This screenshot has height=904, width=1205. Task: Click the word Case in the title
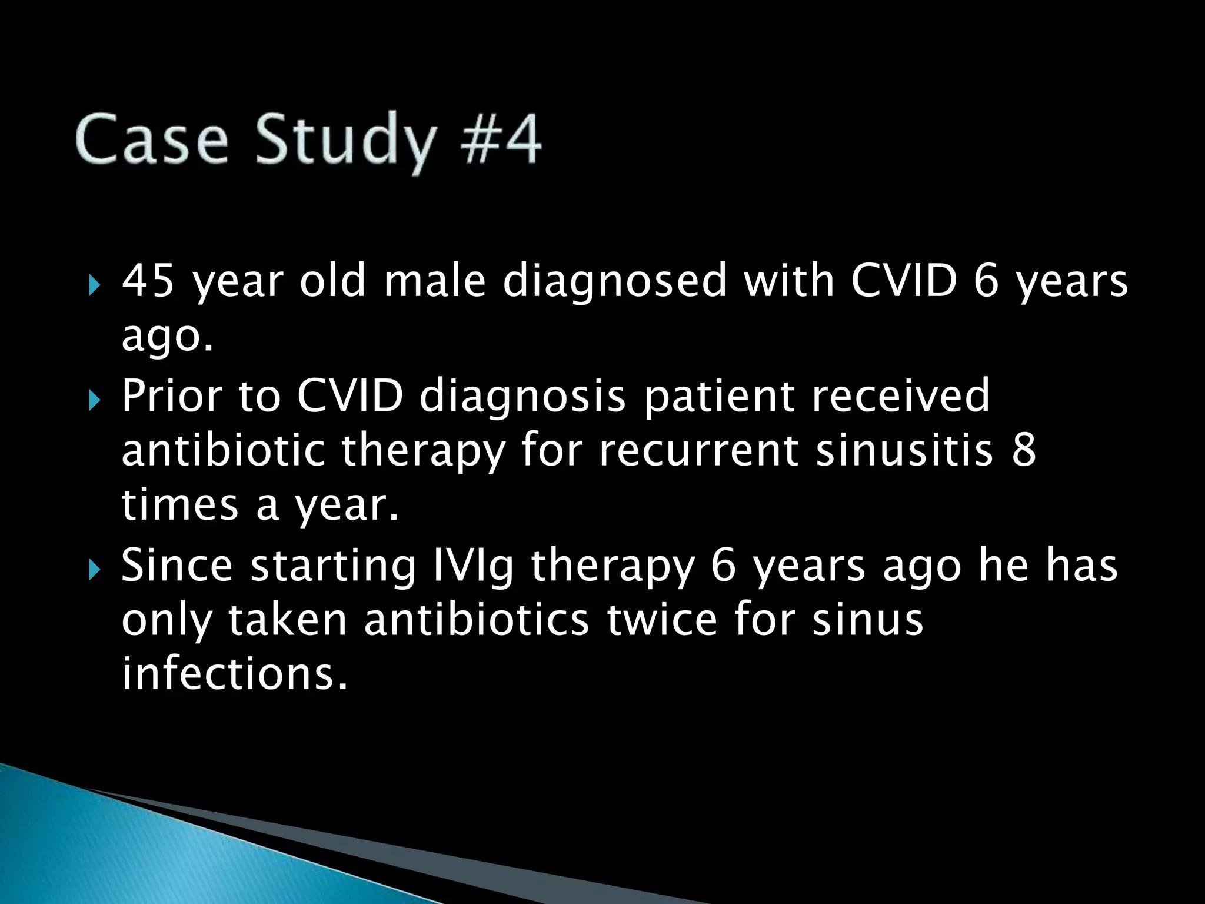point(152,140)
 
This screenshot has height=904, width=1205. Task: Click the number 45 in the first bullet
point(147,281)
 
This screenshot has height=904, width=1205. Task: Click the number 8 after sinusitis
point(1024,451)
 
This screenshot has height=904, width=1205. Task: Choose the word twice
point(662,620)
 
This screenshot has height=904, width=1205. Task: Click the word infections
point(234,674)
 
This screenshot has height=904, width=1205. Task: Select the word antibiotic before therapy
point(223,451)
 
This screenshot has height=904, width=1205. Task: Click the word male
point(434,281)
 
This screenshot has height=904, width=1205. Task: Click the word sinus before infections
point(867,620)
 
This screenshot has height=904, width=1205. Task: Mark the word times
point(179,506)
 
